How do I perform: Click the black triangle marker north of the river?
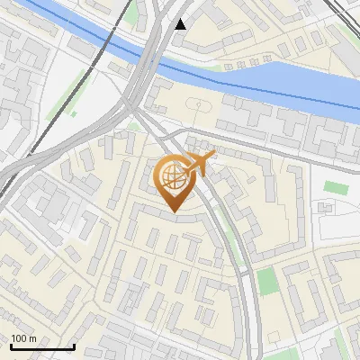pos(181,23)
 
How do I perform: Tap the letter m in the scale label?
pos(33,338)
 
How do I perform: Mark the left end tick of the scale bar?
pos(12,346)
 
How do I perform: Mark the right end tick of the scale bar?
pos(74,346)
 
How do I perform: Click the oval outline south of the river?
pos(197,106)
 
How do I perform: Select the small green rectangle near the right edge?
pos(335,188)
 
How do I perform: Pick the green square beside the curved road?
pos(267,281)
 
